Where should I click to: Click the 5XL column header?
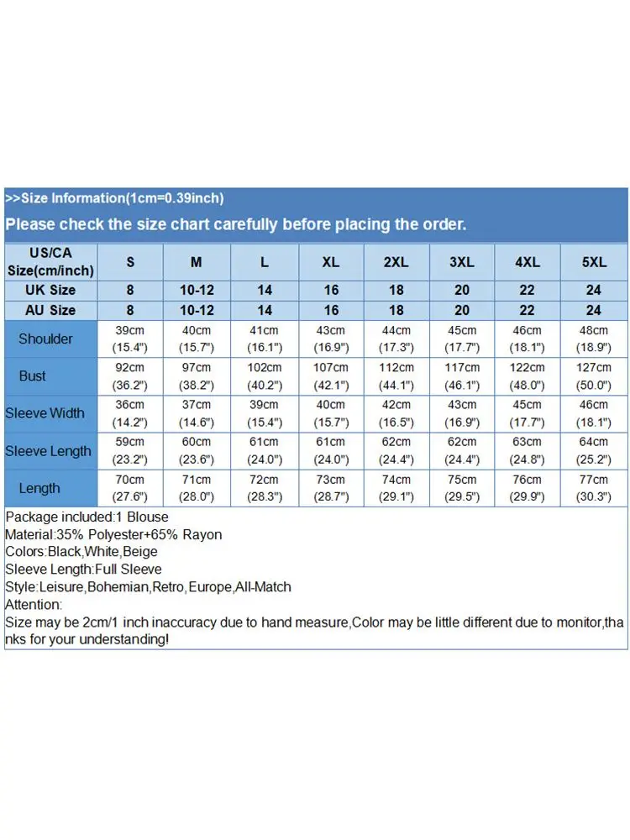[x=594, y=262]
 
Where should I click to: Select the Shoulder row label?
[x=45, y=339]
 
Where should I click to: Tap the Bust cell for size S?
[x=130, y=376]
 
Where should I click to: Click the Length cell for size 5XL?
[x=594, y=488]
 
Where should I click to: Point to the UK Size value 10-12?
[x=196, y=290]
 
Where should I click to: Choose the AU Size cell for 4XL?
[x=528, y=310]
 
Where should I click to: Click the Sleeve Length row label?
[x=48, y=451]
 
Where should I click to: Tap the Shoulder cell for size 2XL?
[x=396, y=339]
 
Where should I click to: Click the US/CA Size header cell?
[x=50, y=262]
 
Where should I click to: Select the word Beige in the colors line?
[x=139, y=552]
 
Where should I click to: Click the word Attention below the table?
[x=33, y=605]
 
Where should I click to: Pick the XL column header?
[x=331, y=262]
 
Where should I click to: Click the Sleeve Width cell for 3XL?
[x=462, y=413]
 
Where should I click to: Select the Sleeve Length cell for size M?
[x=196, y=451]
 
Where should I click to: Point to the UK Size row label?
[x=50, y=290]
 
